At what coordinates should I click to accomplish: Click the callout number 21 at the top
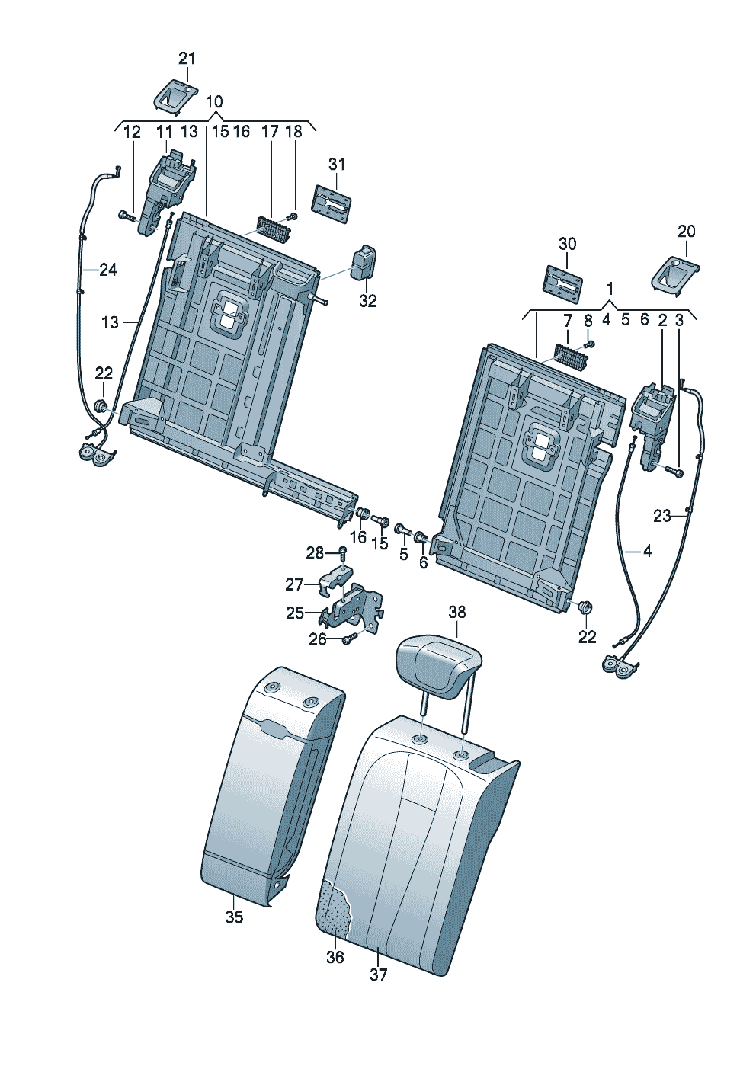[x=187, y=59]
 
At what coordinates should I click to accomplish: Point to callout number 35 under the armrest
[x=234, y=917]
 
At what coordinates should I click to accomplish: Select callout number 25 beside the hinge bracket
[x=294, y=613]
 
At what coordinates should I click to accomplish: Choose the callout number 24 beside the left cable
[x=108, y=270]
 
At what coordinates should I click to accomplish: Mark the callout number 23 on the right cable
[x=662, y=516]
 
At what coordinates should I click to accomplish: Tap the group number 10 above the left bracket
[x=214, y=101]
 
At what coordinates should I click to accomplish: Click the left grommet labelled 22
[x=101, y=406]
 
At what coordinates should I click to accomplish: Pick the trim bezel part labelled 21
[x=175, y=97]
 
